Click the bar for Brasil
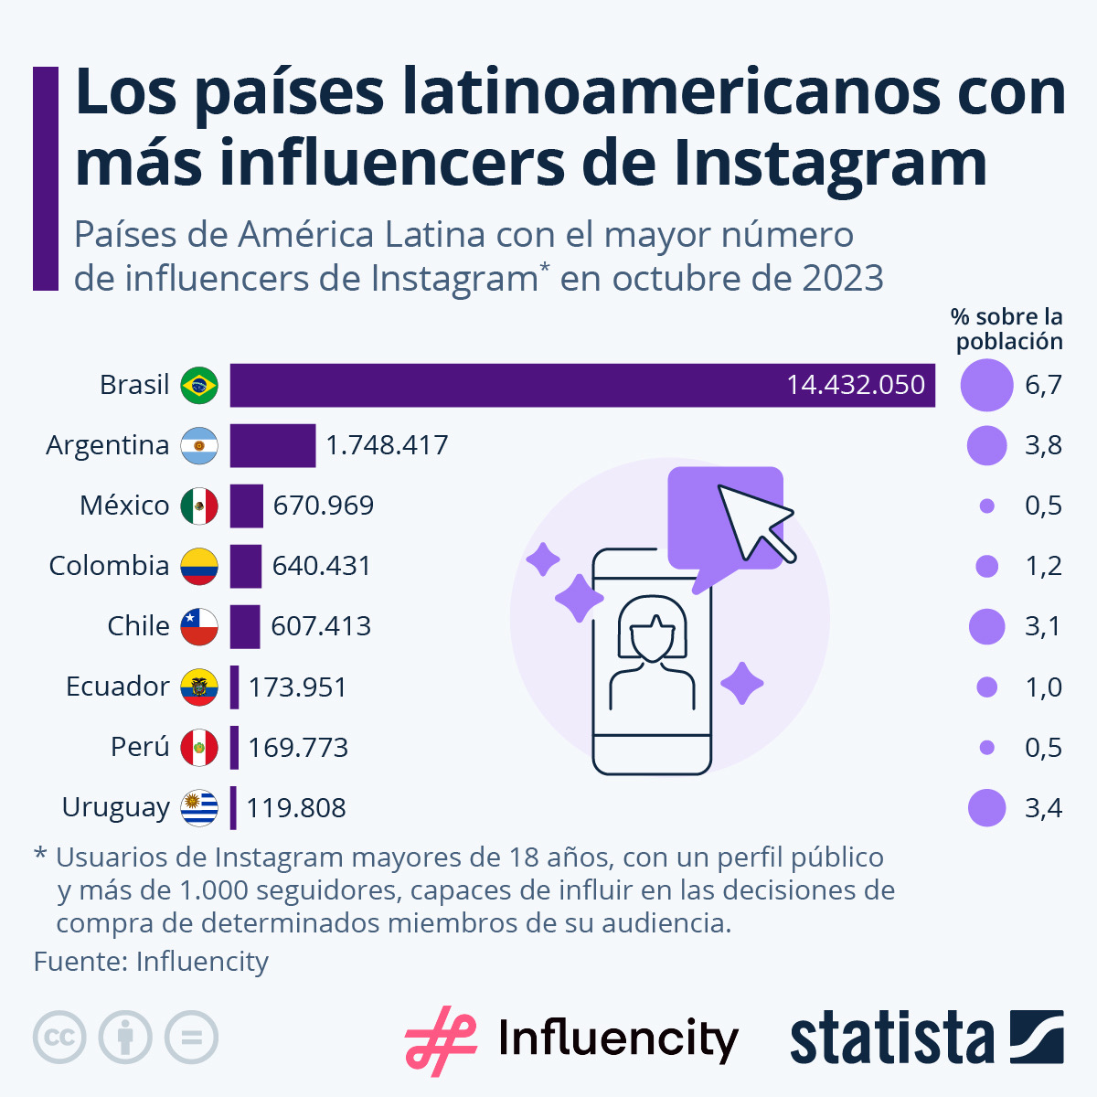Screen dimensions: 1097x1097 click(x=582, y=385)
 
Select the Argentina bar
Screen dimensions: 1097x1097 click(x=272, y=445)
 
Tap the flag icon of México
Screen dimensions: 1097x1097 click(x=199, y=506)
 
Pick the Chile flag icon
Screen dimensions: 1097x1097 click(x=199, y=626)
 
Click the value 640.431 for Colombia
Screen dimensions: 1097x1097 click(x=322, y=566)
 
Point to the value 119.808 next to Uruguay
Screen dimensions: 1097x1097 click(x=296, y=808)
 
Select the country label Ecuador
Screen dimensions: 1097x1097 click(x=117, y=687)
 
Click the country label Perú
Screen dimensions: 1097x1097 click(x=140, y=747)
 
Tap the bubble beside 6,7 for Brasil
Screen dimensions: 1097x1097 click(x=986, y=385)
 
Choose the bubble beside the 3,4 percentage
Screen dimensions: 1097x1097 click(x=986, y=808)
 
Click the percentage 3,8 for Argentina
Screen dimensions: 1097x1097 click(x=1043, y=445)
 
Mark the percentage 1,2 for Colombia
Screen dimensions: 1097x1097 click(x=1043, y=566)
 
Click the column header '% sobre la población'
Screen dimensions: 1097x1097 click(x=1007, y=329)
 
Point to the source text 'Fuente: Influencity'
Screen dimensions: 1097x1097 click(x=152, y=962)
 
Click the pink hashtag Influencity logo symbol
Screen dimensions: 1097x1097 click(x=440, y=1039)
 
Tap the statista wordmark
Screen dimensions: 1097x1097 click(x=891, y=1038)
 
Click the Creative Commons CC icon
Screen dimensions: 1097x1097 click(x=59, y=1038)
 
